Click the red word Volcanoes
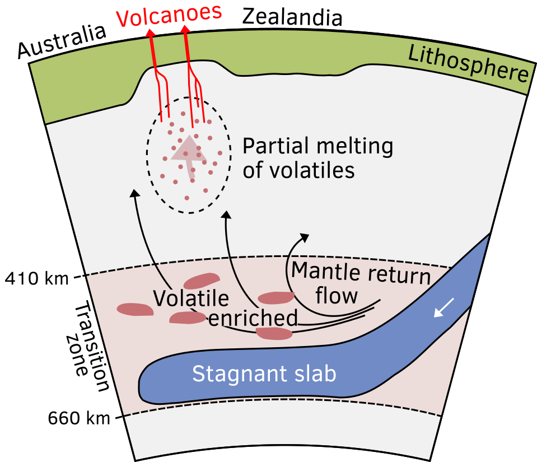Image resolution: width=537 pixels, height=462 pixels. coord(168,16)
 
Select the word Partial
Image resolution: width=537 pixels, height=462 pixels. coord(274,147)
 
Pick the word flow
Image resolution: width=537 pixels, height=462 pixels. coord(337,295)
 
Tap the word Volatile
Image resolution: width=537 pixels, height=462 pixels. coord(191,298)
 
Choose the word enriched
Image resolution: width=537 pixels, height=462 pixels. coord(253,318)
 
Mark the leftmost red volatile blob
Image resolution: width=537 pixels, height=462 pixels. coord(135,309)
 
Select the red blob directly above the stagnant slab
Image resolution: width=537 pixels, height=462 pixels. coord(274,334)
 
